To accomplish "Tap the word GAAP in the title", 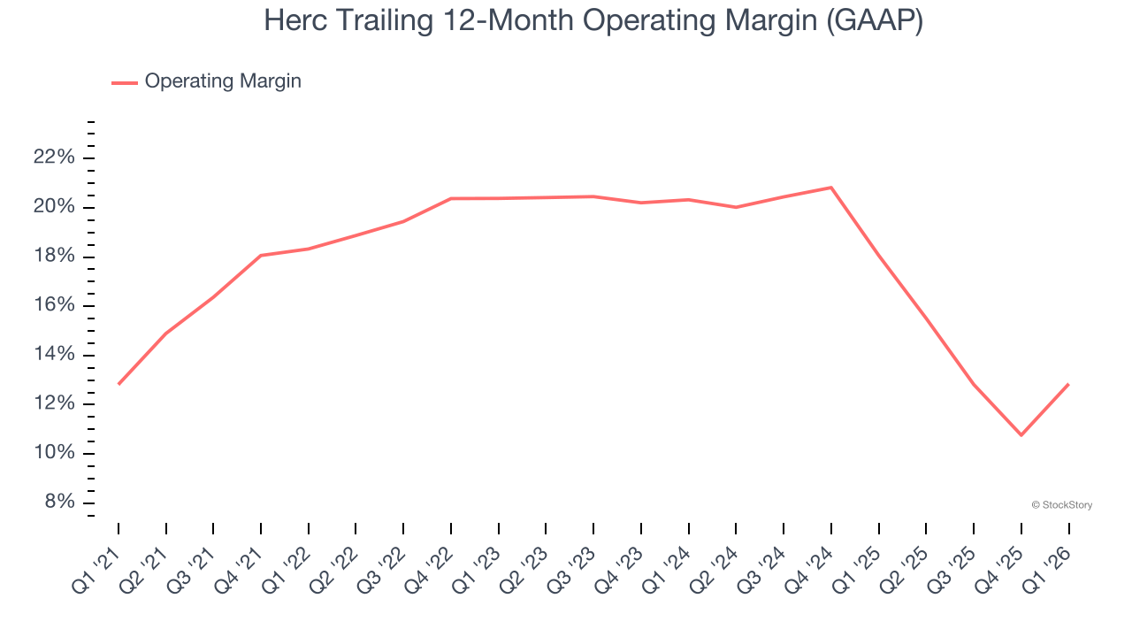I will [x=874, y=21].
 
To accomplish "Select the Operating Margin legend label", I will [x=223, y=81].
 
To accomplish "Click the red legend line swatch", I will [x=125, y=82].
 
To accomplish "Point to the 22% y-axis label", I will [x=54, y=157].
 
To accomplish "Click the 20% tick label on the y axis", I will [x=54, y=207].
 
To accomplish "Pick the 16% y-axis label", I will [x=54, y=306].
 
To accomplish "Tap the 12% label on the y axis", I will [x=54, y=404].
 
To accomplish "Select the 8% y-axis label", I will [x=58, y=503].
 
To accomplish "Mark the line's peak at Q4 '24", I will [x=831, y=188].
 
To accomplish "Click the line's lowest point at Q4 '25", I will [x=1021, y=435].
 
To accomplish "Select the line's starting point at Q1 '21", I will [x=119, y=384].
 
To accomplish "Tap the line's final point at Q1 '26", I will [x=1068, y=384].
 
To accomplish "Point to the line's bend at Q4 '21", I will [x=261, y=256].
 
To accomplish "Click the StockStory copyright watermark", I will [x=1061, y=505].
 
